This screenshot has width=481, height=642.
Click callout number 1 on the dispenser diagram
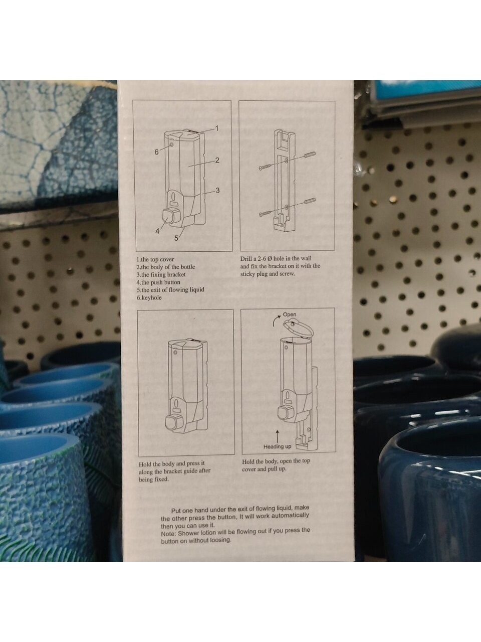216,128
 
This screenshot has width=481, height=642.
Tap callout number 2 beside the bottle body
217,160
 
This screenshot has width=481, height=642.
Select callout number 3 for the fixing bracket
217,191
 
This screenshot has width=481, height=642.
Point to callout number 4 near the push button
157,231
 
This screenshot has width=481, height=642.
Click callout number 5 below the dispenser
176,238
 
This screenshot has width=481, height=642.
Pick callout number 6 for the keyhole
156,152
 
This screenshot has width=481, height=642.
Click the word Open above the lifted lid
290,315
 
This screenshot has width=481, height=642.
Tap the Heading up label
277,446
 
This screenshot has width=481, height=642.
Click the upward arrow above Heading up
277,435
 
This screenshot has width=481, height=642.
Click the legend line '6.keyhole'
149,298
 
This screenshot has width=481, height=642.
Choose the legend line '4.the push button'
158,282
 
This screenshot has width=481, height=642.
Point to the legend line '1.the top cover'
155,259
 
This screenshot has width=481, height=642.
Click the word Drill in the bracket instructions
247,259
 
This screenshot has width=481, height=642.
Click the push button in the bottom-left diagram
172,422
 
